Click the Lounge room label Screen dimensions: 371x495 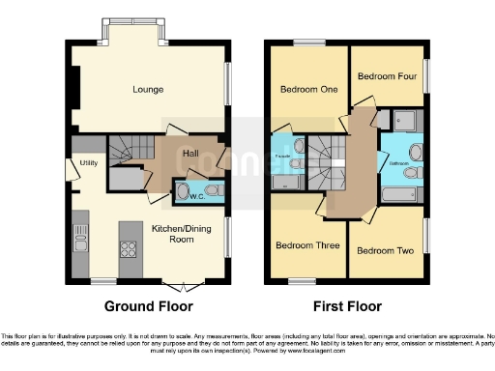pyautogui.click(x=148, y=90)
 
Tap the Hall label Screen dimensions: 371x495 pyautogui.click(x=191, y=153)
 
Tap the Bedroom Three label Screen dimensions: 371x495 pyautogui.click(x=307, y=245)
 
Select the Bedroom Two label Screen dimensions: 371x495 pyautogui.click(x=385, y=250)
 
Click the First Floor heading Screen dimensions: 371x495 pyautogui.click(x=347, y=306)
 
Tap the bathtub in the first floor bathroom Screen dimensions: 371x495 pyautogui.click(x=400, y=195)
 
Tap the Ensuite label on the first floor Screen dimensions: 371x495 pyautogui.click(x=285, y=155)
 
